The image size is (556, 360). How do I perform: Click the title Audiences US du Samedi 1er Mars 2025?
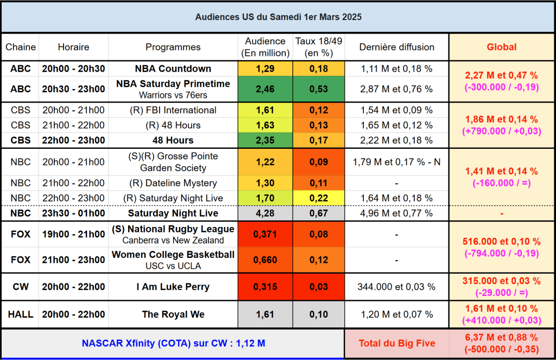pyautogui.click(x=278, y=17)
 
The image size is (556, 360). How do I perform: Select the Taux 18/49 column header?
pyautogui.click(x=319, y=47)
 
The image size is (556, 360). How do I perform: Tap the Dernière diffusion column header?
pyautogui.click(x=396, y=47)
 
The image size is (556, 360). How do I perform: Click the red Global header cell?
pyautogui.click(x=501, y=47)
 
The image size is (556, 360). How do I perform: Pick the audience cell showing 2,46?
pyautogui.click(x=265, y=89)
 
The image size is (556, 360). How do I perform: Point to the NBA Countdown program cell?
pyautogui.click(x=173, y=69)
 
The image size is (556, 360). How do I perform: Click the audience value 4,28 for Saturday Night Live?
pyautogui.click(x=265, y=213)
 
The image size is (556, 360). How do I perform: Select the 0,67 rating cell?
pyautogui.click(x=319, y=213)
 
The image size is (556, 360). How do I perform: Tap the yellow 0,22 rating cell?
pyautogui.click(x=319, y=198)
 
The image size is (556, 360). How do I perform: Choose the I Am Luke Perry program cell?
pyautogui.click(x=173, y=287)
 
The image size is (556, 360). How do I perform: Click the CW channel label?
pyautogui.click(x=21, y=287)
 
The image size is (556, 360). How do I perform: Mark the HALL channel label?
pyautogui.click(x=21, y=314)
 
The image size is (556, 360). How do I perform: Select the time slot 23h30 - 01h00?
pyautogui.click(x=73, y=213)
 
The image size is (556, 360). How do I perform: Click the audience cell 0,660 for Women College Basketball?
pyautogui.click(x=265, y=260)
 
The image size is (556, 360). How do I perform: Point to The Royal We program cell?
pyautogui.click(x=173, y=314)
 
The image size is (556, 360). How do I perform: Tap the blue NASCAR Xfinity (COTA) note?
pyautogui.click(x=173, y=343)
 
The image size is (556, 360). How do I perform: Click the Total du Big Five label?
pyautogui.click(x=396, y=343)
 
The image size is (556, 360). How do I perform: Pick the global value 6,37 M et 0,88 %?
pyautogui.click(x=501, y=337)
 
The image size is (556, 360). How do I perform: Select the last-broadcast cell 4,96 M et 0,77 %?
pyautogui.click(x=396, y=213)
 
